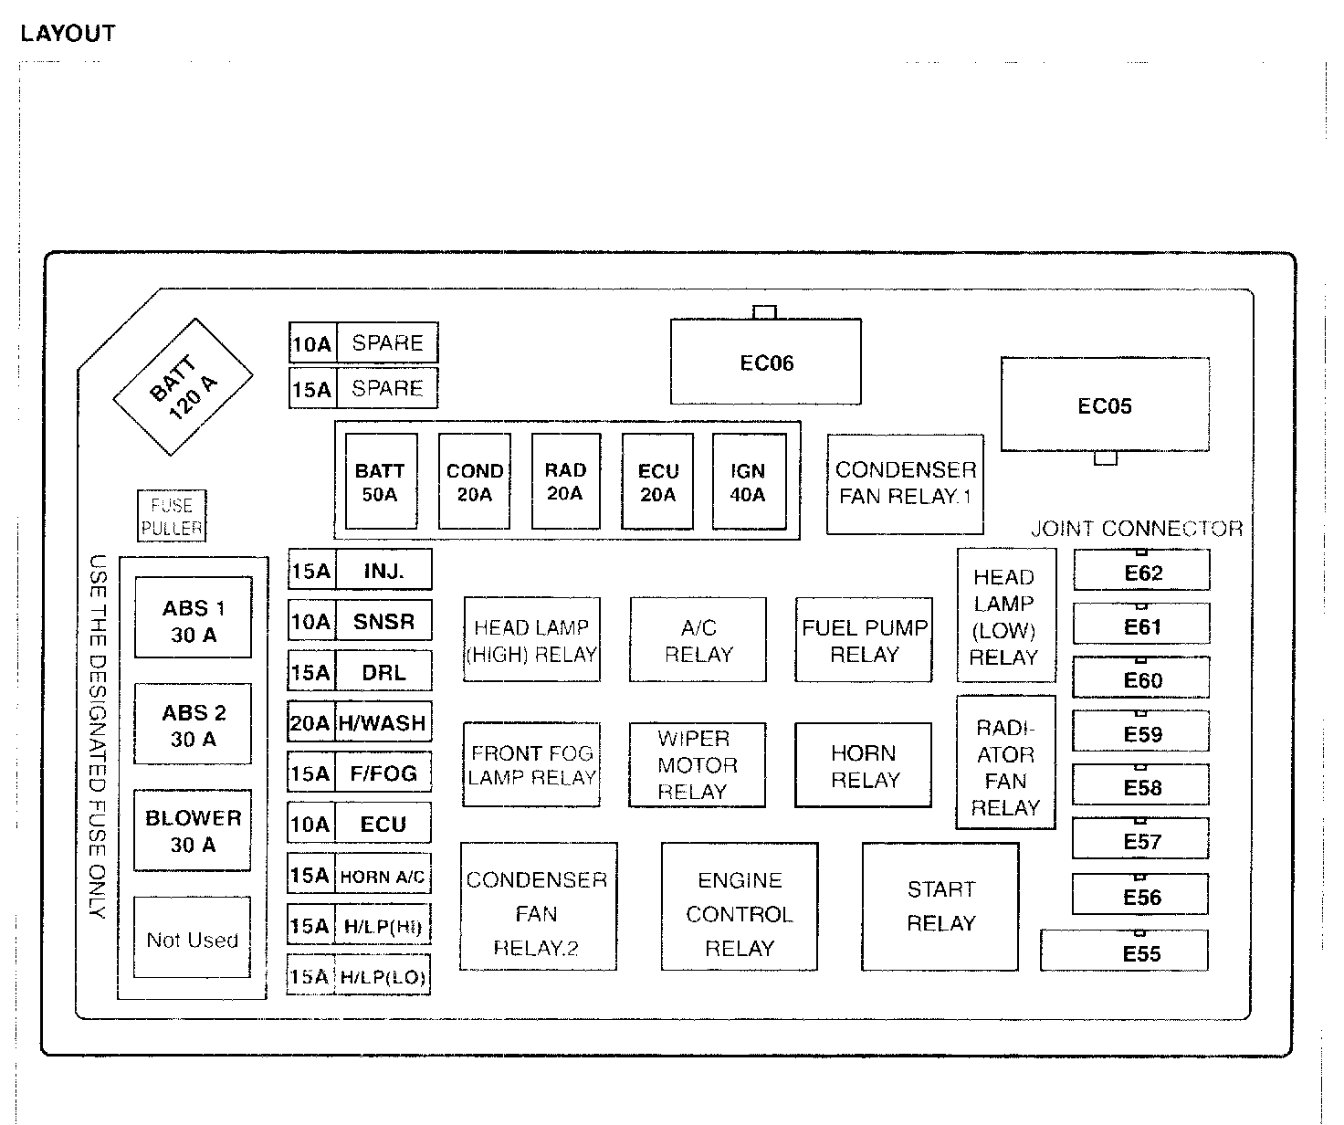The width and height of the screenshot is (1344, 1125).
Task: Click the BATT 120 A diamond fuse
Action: [x=183, y=386]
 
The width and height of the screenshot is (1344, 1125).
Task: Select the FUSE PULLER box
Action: [x=172, y=516]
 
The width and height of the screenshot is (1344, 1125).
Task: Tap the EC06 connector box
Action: [x=766, y=363]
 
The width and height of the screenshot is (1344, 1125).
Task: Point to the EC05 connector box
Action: [x=1105, y=405]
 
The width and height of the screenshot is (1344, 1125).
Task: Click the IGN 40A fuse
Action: [x=748, y=482]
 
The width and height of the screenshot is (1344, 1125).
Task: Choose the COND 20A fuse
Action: [x=475, y=482]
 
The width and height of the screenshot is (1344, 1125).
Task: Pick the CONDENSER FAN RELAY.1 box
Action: [x=905, y=483]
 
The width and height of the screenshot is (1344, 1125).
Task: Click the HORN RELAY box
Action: [x=864, y=765]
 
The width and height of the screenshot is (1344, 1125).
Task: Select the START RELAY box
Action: [x=940, y=906]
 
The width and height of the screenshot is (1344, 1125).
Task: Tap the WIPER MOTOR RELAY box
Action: [x=697, y=765]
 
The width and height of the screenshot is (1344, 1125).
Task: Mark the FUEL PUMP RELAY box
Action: [x=864, y=640]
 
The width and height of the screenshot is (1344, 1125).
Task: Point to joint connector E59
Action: [x=1141, y=735]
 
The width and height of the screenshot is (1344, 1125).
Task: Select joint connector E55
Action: [x=1141, y=953]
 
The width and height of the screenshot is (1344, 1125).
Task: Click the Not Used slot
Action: [x=192, y=939]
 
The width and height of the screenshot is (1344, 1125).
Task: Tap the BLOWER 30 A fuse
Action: [x=193, y=830]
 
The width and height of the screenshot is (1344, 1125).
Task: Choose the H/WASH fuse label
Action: [x=383, y=723]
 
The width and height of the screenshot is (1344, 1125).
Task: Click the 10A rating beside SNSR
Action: [x=311, y=622]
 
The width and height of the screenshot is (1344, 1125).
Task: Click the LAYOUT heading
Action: [x=68, y=34]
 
